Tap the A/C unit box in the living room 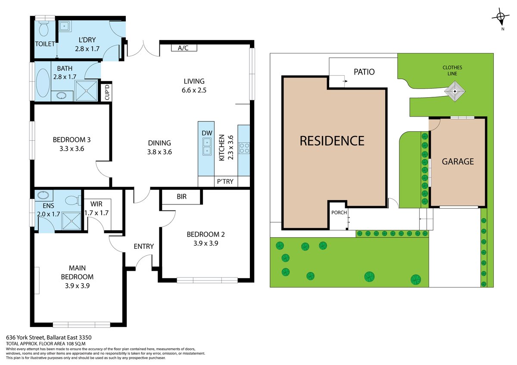(x=184, y=48)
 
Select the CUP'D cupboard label (x=107, y=92)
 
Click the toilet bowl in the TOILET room (x=44, y=29)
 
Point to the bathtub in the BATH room (x=43, y=83)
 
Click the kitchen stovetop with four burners (x=244, y=148)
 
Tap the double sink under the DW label (x=207, y=147)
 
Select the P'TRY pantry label (x=225, y=182)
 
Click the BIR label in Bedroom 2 (x=182, y=196)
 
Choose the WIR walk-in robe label (x=96, y=204)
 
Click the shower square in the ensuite (x=72, y=221)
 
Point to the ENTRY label (x=144, y=246)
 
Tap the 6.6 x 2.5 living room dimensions (x=194, y=90)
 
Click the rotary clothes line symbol (x=455, y=91)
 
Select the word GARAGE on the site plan (x=458, y=161)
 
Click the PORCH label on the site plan (x=339, y=212)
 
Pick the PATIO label (x=364, y=72)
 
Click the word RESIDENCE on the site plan (x=332, y=141)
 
